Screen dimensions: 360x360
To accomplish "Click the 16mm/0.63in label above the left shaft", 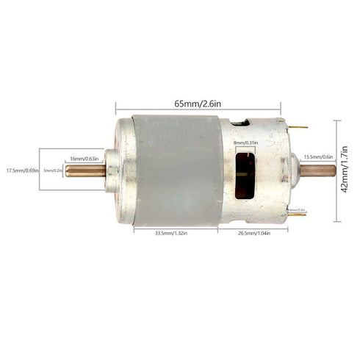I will click(86, 159).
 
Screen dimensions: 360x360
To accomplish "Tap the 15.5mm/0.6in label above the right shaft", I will click(317, 156).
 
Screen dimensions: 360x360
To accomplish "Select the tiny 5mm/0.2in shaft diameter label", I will click(53, 170).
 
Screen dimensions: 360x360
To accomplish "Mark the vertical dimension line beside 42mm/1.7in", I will click(336, 170).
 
